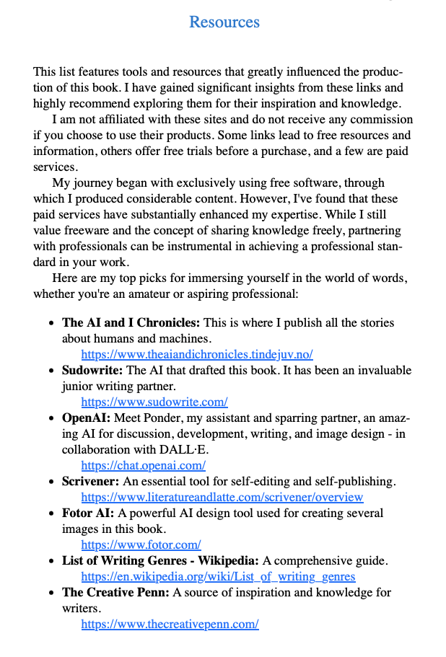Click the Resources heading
pos(224,22)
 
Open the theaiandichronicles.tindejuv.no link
pos(196,354)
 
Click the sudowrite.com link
pos(154,402)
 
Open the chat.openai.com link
pos(143,465)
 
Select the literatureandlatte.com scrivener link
pos(222,497)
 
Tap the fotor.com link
pos(141,544)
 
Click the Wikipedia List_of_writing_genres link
pos(218,576)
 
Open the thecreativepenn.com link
pos(170,624)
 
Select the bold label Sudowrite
pos(93,371)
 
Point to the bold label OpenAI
pos(86,418)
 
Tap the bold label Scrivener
pos(90,482)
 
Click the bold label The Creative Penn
pos(115,593)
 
